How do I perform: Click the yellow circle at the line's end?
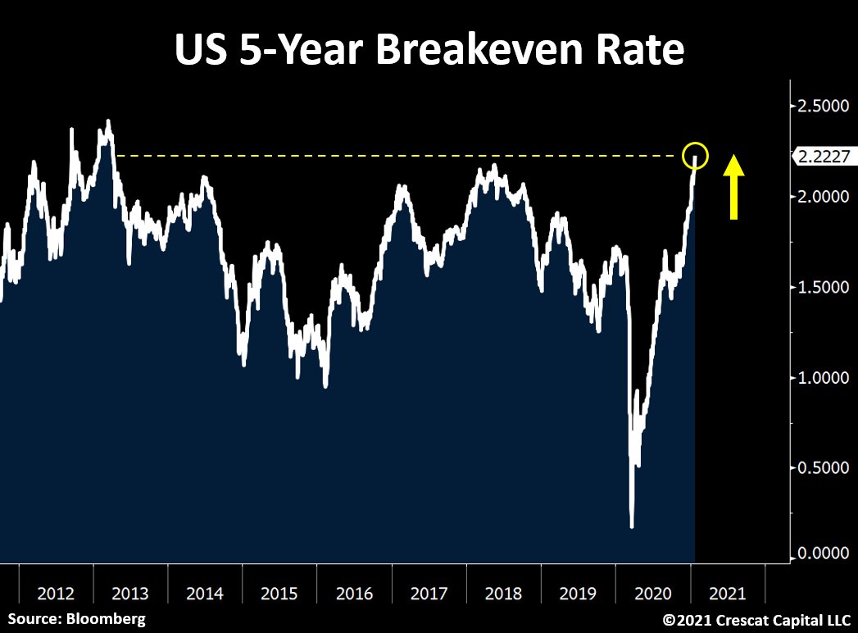point(694,154)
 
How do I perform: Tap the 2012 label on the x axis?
point(56,593)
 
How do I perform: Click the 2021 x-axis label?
point(727,593)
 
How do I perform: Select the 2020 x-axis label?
point(652,593)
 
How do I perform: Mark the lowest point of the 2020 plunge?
point(632,526)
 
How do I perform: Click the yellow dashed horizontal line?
point(393,155)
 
